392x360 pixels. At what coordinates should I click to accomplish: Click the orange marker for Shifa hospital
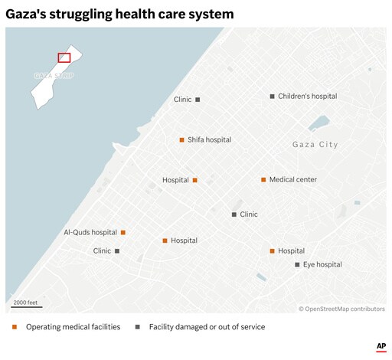point(181,140)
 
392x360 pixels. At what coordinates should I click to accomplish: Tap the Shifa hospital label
point(209,140)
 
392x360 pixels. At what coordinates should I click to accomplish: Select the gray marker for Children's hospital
point(272,97)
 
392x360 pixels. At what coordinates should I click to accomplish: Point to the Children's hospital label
point(307,97)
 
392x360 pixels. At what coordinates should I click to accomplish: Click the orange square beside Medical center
point(263,180)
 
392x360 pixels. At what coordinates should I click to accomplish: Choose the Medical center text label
point(292,180)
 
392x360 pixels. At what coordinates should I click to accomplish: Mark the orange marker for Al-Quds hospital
point(122,232)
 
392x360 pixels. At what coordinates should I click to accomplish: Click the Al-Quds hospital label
point(90,232)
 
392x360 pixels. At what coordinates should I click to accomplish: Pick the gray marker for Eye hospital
point(297,264)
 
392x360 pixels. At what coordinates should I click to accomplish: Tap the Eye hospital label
point(322,264)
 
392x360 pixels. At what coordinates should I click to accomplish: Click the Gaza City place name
point(315,145)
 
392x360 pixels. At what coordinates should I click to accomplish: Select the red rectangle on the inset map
point(64,57)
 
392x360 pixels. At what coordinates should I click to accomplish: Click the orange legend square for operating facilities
point(15,327)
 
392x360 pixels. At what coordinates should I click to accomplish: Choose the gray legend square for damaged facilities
point(138,327)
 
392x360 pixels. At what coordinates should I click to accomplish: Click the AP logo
point(381,347)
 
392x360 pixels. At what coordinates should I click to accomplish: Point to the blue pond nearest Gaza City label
point(319,123)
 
